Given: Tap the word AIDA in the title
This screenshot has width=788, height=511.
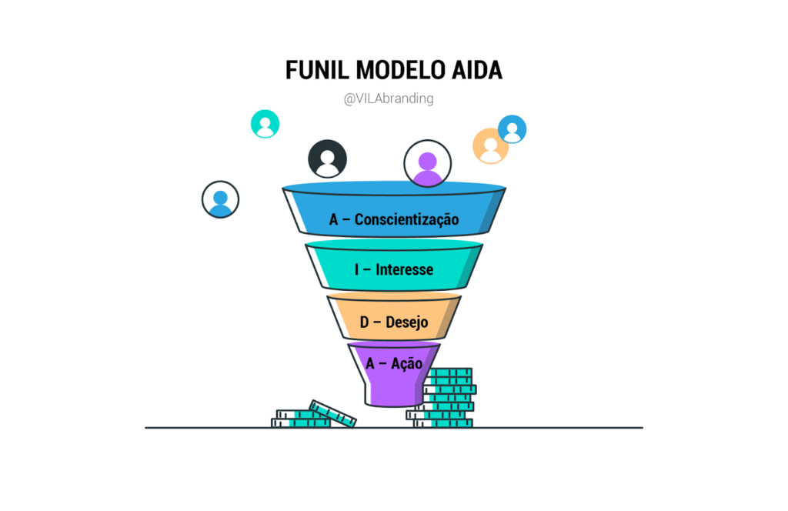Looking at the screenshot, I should tap(474, 70).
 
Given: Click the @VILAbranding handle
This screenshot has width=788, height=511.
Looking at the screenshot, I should tap(389, 99).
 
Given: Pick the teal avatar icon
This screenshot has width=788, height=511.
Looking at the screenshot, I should tap(265, 124).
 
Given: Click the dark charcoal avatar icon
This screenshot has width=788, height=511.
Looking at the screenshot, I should tap(327, 159).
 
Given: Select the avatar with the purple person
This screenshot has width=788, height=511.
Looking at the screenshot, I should tap(427, 163).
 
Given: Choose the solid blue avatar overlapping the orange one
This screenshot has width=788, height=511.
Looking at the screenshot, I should tap(512, 129).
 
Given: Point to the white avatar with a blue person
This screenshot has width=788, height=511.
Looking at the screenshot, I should tap(220, 199).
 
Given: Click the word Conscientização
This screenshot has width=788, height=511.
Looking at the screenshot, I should tap(406, 219).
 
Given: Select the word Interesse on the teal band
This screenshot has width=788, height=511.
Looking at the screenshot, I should tap(404, 269).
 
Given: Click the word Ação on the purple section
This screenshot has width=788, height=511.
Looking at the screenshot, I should tap(406, 362).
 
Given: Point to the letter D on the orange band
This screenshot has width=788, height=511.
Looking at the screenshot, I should tap(365, 322).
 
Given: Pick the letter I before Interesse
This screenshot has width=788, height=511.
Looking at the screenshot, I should tap(357, 269).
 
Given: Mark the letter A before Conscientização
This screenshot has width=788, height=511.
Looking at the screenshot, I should tap(334, 219).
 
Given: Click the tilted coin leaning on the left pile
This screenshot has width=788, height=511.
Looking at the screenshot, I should tap(332, 413).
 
